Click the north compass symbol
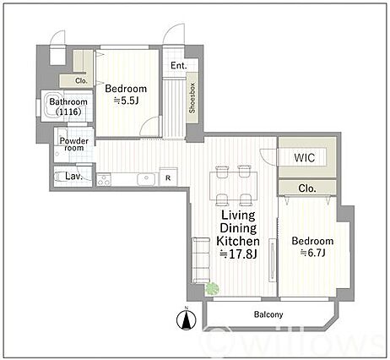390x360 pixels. tap(186, 319)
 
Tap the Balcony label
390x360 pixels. tap(268, 314)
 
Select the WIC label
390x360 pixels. tap(305, 158)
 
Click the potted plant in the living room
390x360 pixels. tap(213, 288)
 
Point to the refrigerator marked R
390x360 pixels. tap(168, 177)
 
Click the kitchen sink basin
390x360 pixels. tap(146, 179)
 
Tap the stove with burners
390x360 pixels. tap(104, 179)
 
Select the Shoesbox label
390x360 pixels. tap(192, 98)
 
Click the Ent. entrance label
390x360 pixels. tap(179, 66)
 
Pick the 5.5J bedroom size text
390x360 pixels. tap(126, 101)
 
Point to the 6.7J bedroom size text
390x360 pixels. tap(313, 253)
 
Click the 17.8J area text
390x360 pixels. tap(238, 254)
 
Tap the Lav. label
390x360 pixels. tap(73, 177)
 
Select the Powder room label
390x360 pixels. tap(74, 145)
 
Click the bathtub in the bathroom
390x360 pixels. tap(53, 106)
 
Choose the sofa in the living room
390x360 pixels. tap(201, 260)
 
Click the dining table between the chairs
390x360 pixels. tap(234, 186)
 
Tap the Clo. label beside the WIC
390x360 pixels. tap(307, 188)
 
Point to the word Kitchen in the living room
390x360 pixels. tap(238, 241)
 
